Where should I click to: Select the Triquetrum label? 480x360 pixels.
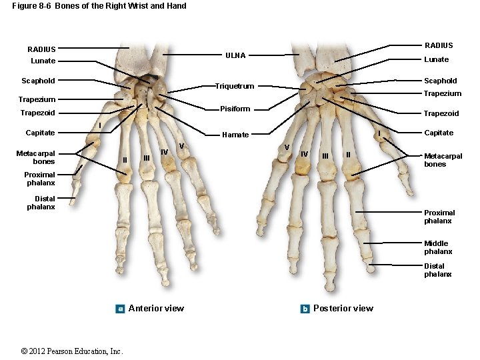tap(234, 86)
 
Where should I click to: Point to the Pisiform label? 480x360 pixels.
tap(235, 109)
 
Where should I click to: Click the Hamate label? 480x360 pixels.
tap(235, 135)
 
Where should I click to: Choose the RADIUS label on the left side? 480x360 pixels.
tap(41, 49)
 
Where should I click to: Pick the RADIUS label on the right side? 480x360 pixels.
tap(439, 45)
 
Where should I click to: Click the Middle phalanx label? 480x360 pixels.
tap(437, 247)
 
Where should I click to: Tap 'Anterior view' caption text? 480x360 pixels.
tap(156, 308)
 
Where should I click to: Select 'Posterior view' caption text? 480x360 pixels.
tap(343, 308)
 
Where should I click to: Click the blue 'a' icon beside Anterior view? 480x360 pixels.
tap(120, 309)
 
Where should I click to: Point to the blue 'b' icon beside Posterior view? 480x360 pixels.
tap(305, 309)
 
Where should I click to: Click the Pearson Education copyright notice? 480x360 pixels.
tap(72, 351)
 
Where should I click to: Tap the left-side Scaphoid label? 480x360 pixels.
tap(38, 81)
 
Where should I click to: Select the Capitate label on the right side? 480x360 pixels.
tap(439, 133)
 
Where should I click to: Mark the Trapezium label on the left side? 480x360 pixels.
tap(37, 100)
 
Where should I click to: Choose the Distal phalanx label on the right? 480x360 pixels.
tap(437, 270)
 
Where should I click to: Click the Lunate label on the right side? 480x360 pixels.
tap(437, 60)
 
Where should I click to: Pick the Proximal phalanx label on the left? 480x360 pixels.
tap(41, 179)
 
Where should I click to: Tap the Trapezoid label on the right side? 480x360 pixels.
tap(441, 114)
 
